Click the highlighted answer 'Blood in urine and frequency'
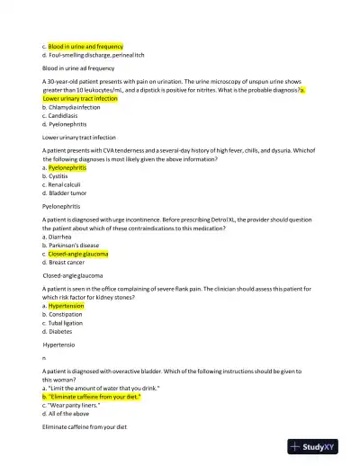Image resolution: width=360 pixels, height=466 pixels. (x=85, y=45)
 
